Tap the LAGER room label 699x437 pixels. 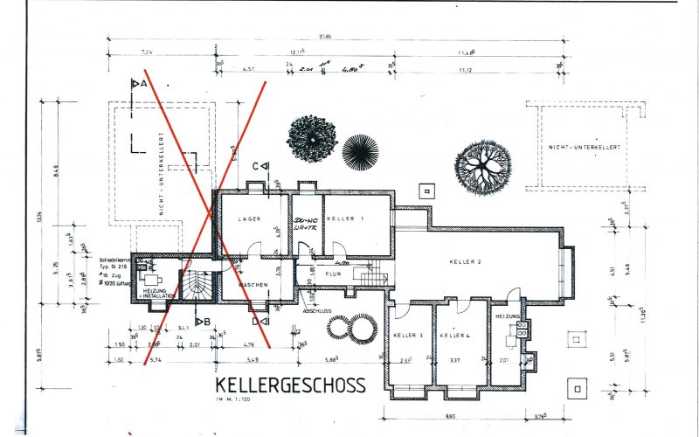point(251,219)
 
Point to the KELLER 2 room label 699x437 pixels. point(466,262)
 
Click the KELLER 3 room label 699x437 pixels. point(408,336)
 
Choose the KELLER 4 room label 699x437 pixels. point(455,336)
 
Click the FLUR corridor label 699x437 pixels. point(333,274)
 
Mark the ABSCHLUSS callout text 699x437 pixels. point(315,309)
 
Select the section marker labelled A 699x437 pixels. point(136,84)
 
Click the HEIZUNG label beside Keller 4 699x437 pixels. point(508,316)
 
